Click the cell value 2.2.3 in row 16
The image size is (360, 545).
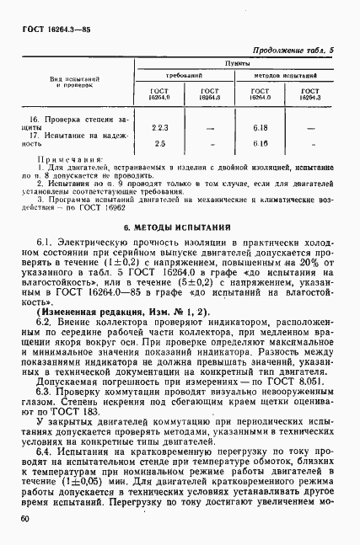(x=159, y=127)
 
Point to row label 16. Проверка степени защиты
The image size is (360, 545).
(x=66, y=123)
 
